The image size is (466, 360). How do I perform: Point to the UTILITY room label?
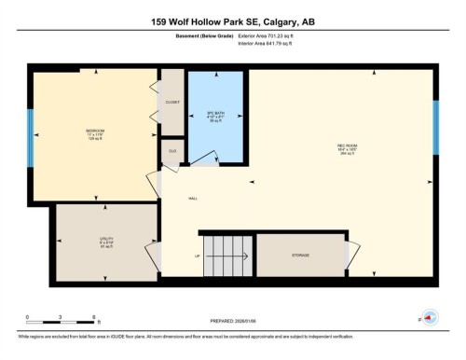point(107,239)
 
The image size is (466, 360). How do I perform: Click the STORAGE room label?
point(299,256)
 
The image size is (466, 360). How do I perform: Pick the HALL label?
point(194,199)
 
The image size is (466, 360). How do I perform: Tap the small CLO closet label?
point(172,149)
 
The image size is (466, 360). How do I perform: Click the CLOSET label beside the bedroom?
point(172,103)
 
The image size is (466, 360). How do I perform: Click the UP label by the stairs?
point(198,256)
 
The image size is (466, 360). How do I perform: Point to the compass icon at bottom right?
point(430,317)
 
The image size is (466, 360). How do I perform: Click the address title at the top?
point(232,21)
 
